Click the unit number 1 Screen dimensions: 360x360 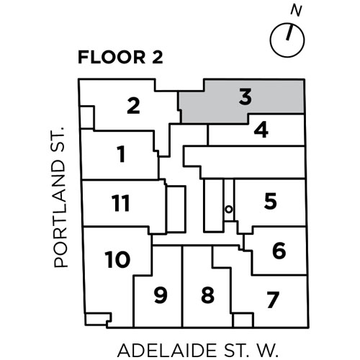[x=121, y=154]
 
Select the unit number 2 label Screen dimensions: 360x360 [x=133, y=106]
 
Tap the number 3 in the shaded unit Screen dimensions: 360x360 [x=246, y=96]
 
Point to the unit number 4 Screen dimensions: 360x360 [x=261, y=130]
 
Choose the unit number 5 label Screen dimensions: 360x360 [x=271, y=201]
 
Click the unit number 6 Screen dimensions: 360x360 [x=279, y=251]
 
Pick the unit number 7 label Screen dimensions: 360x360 [x=273, y=300]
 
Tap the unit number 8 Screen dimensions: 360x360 [x=207, y=295]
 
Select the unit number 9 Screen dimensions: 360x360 [x=161, y=295]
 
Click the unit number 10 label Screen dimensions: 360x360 [x=117, y=259]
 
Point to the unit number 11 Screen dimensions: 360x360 [x=121, y=203]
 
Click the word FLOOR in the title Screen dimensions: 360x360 [x=112, y=57]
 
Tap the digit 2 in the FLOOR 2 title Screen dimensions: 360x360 [x=158, y=57]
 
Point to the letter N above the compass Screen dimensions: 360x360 [x=296, y=11]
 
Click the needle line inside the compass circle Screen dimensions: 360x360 [x=289, y=32]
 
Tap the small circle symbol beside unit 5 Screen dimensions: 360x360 [x=229, y=210]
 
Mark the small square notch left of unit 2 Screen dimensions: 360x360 [x=87, y=117]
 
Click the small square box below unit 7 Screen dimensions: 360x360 [x=243, y=320]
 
